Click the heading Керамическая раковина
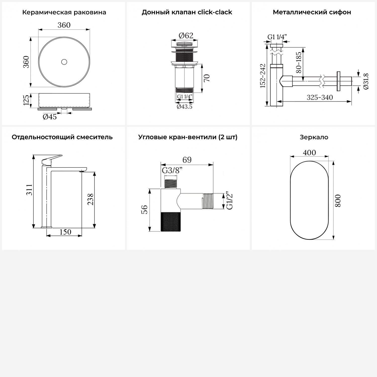pyautogui.click(x=64, y=12)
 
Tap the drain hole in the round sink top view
pyautogui.click(x=64, y=62)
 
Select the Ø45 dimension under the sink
pyautogui.click(x=50, y=117)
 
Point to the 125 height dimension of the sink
pyautogui.click(x=26, y=100)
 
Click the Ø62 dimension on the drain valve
pyautogui.click(x=186, y=36)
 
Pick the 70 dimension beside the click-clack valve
pyautogui.click(x=207, y=78)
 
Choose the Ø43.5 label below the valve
pyautogui.click(x=184, y=107)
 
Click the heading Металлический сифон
pyautogui.click(x=312, y=12)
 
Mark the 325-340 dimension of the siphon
pyautogui.click(x=320, y=97)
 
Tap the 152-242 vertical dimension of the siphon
pyautogui.click(x=263, y=76)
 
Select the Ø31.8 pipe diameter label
pyautogui.click(x=366, y=81)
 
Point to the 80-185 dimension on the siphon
pyautogui.click(x=299, y=63)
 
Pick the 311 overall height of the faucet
pyautogui.click(x=29, y=190)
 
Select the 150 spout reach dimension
pyautogui.click(x=65, y=232)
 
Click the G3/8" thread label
pyautogui.click(x=172, y=170)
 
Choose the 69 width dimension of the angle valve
pyautogui.click(x=187, y=160)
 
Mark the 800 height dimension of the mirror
pyautogui.click(x=338, y=201)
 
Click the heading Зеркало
pyautogui.click(x=314, y=137)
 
